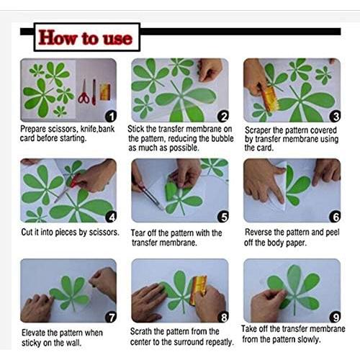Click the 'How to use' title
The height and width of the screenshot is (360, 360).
(x=86, y=37)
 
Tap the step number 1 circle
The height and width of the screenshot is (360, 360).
(x=110, y=116)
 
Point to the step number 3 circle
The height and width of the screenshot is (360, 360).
(x=334, y=116)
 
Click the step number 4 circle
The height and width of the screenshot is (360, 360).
(x=110, y=216)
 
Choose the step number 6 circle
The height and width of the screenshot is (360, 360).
(x=334, y=216)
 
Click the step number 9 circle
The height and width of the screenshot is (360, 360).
(x=334, y=316)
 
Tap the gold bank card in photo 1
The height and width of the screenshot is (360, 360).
(x=104, y=91)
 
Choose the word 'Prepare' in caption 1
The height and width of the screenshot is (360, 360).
(x=37, y=130)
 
